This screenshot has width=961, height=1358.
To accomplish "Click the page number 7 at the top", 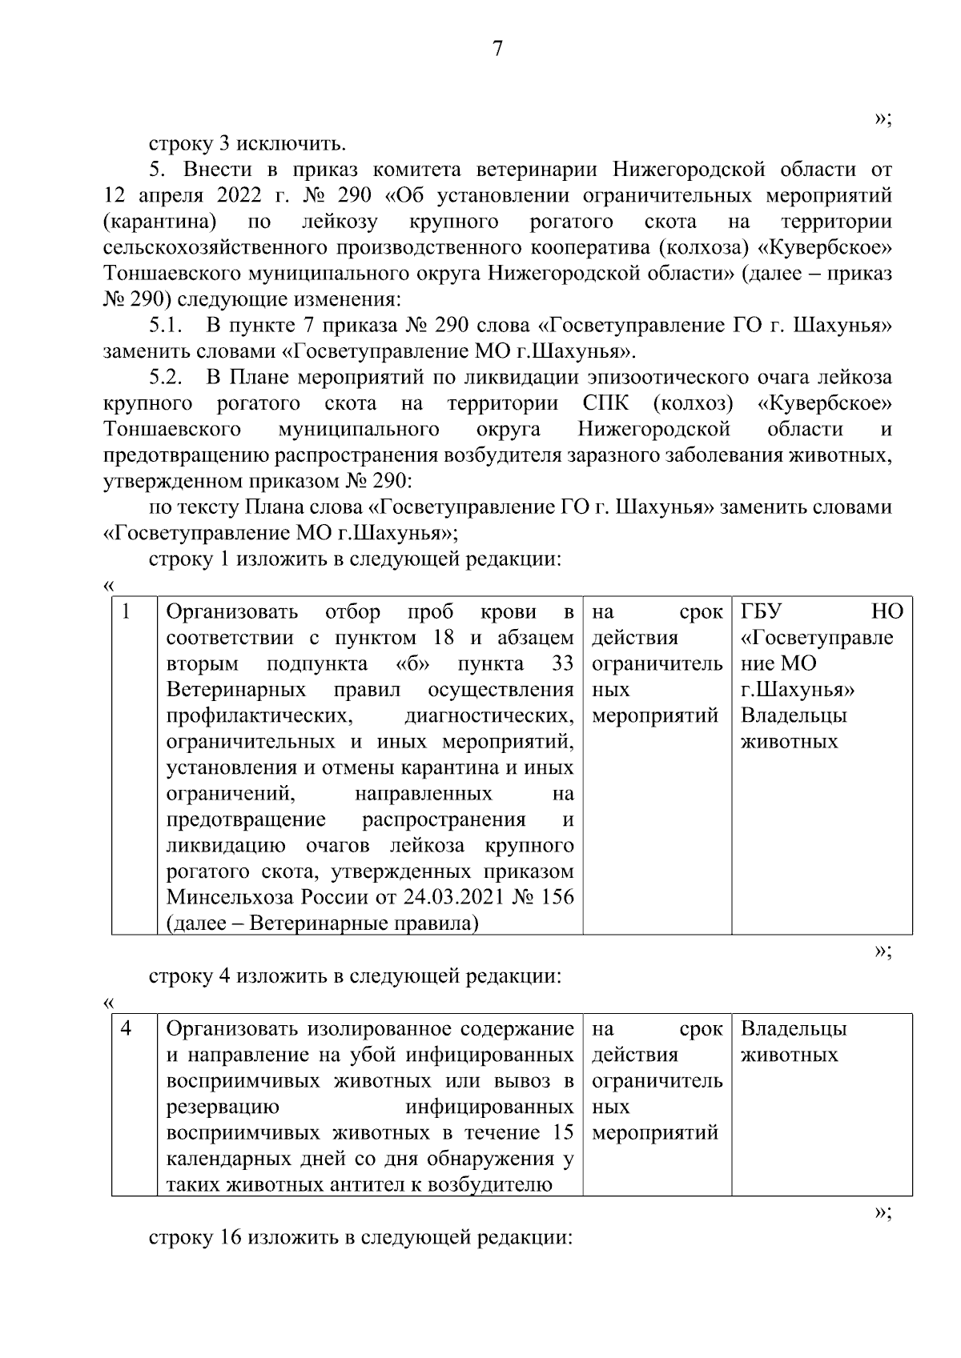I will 497,50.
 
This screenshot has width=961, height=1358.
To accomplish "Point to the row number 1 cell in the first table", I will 127,613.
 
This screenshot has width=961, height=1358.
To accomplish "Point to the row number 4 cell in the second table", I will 127,1029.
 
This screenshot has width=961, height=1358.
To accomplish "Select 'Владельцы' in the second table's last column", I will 794,1029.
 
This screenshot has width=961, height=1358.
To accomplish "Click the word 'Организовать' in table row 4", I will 232,1029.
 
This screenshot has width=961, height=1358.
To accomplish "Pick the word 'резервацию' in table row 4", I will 223,1108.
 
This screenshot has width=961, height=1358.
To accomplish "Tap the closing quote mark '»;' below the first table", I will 883,951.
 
